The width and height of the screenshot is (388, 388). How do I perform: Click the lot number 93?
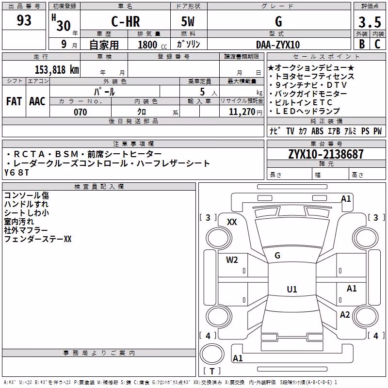click(x=24, y=20)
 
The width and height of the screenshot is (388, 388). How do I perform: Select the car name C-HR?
click(x=126, y=21)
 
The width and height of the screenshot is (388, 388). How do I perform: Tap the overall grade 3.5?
click(x=370, y=22)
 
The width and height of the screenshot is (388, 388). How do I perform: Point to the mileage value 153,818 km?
click(x=57, y=70)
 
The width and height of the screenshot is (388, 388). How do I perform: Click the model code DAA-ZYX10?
click(x=278, y=45)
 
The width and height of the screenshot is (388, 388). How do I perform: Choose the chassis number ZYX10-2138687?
click(x=326, y=154)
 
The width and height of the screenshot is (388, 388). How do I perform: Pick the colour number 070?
click(x=81, y=112)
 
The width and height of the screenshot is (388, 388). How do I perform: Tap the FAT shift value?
click(x=14, y=101)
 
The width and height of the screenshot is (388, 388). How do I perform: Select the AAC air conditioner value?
click(x=37, y=101)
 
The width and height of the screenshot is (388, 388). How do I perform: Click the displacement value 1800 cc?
click(x=152, y=45)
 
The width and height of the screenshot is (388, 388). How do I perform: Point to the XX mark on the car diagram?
click(x=232, y=222)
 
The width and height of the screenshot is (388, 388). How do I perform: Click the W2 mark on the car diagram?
click(x=232, y=260)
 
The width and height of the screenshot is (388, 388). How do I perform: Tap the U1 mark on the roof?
click(x=292, y=289)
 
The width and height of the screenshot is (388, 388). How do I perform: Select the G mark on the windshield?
click(x=277, y=256)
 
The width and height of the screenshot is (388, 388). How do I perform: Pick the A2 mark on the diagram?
click(x=345, y=315)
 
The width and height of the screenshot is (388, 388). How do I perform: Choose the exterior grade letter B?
click(x=362, y=44)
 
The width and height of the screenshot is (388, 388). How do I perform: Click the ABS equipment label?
click(x=317, y=131)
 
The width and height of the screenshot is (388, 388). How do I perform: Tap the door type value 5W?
click(x=188, y=21)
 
